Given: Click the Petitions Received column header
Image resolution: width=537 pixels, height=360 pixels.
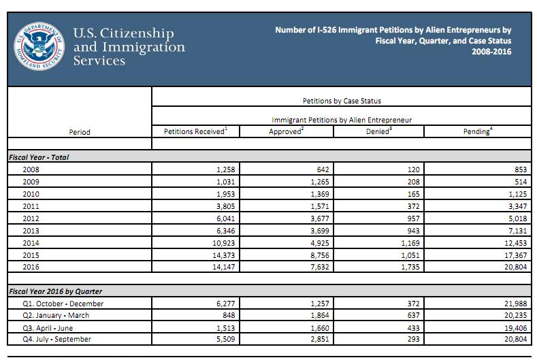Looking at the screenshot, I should pos(195,131).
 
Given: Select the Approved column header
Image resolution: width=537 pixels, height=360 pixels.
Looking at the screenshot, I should pos(286,131).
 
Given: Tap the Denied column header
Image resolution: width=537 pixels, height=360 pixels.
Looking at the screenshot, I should pos(378,131).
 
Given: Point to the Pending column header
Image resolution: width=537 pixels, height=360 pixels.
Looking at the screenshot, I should pos(478,131).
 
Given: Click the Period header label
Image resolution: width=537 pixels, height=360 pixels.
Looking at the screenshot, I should pos(80,132).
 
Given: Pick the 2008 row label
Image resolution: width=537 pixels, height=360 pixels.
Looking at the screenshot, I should pos(31,168).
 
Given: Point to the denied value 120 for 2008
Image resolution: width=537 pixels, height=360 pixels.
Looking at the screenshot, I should pos(414,168).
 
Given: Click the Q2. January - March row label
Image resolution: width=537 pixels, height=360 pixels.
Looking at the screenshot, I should pos(56,316).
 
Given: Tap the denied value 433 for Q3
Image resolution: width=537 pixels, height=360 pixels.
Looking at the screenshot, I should pos(414,327).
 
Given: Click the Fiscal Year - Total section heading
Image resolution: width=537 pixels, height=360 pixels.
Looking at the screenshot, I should pos(39,157).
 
